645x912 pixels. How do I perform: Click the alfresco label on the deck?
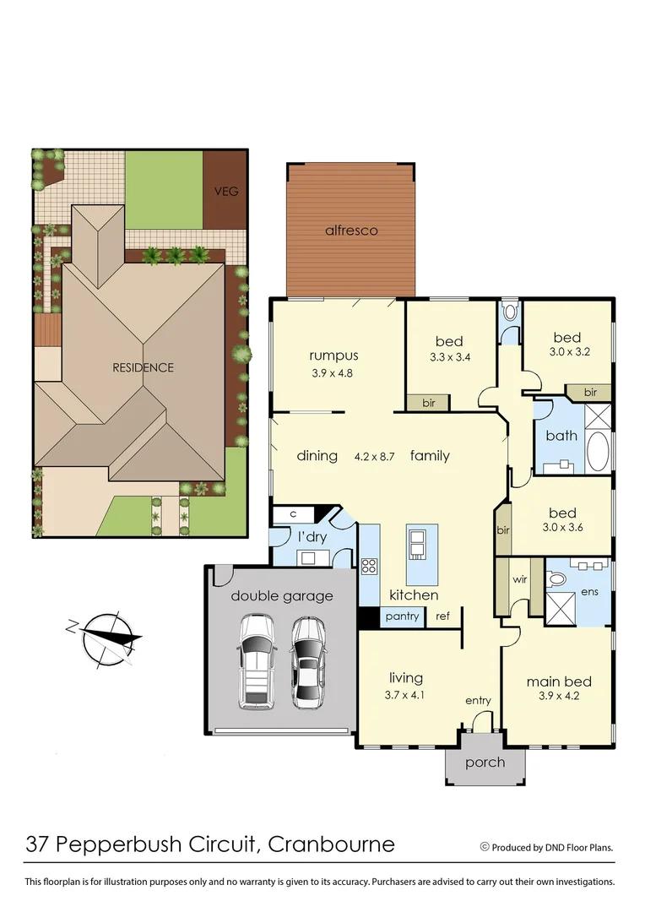click(351, 230)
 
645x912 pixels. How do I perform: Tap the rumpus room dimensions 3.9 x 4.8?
click(333, 372)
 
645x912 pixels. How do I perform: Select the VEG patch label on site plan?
click(226, 191)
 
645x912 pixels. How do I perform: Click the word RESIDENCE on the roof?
click(143, 367)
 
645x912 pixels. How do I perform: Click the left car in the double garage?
click(255, 661)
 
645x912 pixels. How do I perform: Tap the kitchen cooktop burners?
click(369, 566)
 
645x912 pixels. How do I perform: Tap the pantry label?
click(402, 616)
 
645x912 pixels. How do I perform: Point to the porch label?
click(485, 763)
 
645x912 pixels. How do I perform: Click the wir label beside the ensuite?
click(520, 579)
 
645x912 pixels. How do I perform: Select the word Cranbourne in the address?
click(332, 844)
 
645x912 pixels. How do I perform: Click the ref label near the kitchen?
click(442, 616)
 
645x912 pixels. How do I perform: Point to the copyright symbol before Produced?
click(485, 846)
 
